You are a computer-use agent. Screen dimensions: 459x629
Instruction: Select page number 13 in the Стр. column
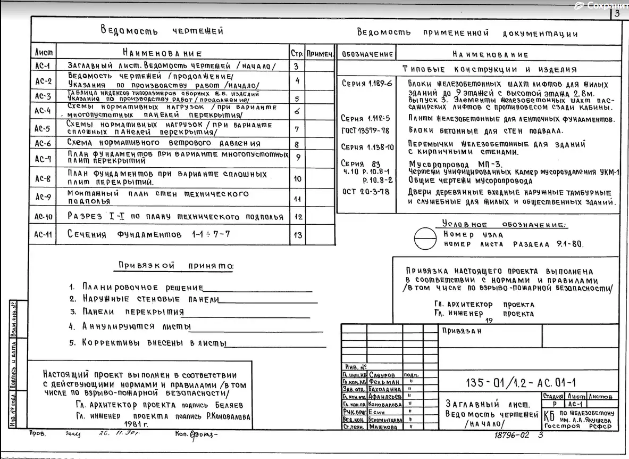coord(297,235)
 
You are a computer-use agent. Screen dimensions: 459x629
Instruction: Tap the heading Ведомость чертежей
coord(162,30)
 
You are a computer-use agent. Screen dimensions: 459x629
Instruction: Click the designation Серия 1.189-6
coord(366,84)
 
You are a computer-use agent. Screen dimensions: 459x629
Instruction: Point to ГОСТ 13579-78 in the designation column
coord(365,130)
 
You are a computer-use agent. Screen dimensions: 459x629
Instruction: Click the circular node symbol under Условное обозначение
coord(425,238)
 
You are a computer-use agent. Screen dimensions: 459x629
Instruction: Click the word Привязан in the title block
coord(462,331)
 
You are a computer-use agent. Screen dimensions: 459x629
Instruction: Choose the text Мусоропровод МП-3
coord(455,164)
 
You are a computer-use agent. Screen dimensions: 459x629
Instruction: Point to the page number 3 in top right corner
coord(617,13)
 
